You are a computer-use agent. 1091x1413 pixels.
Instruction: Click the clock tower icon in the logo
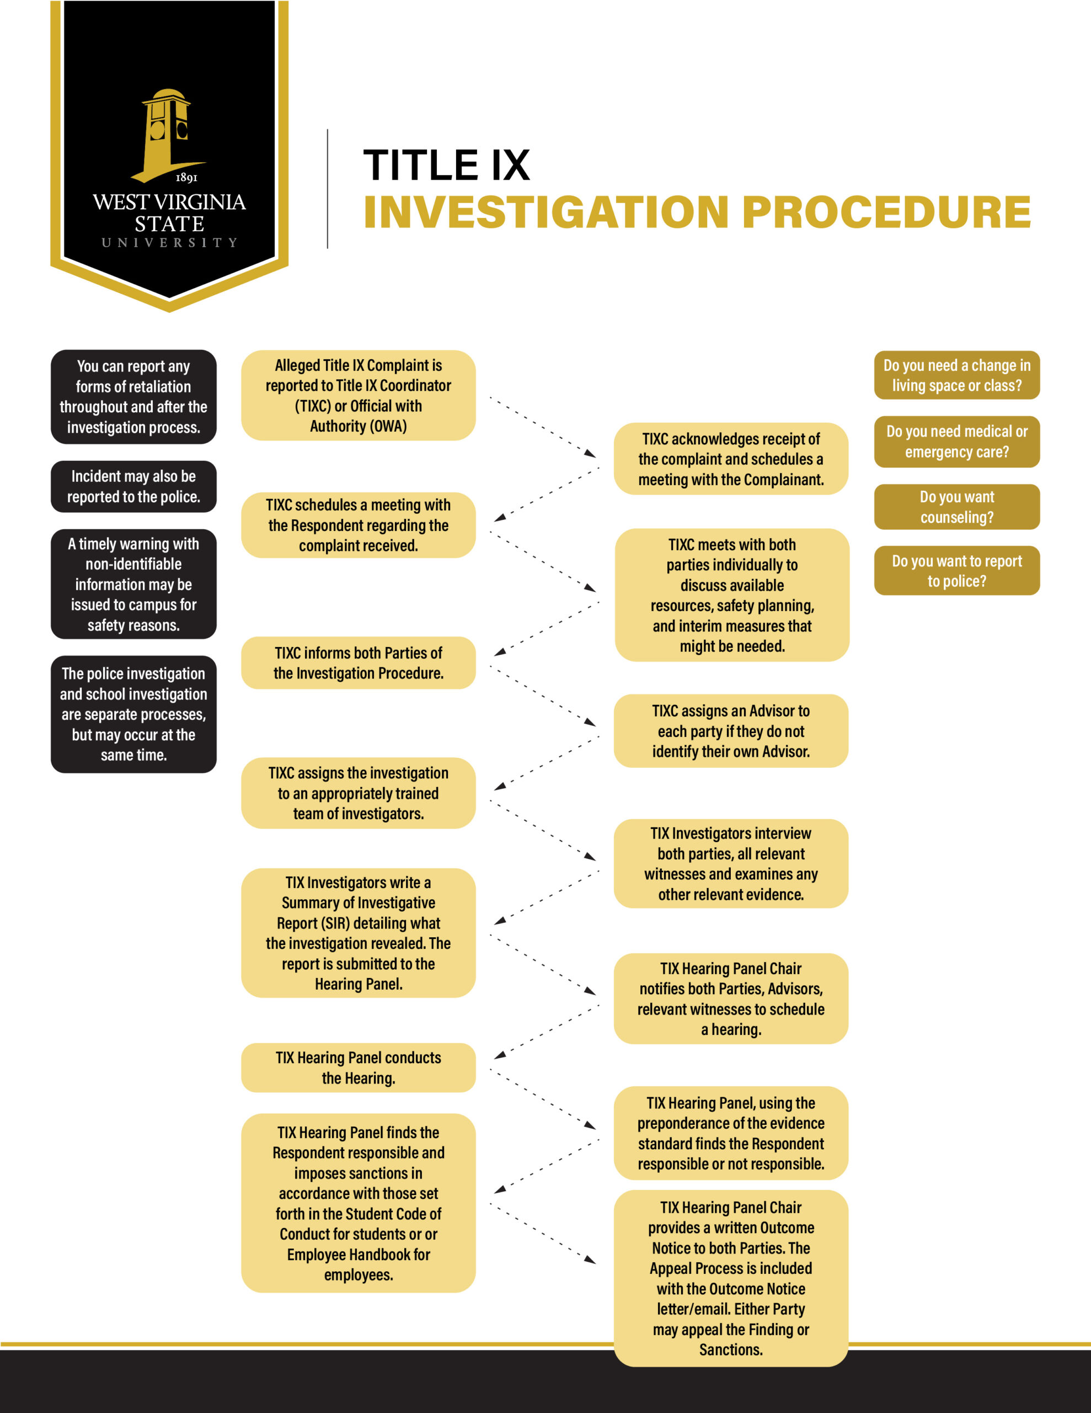point(168,132)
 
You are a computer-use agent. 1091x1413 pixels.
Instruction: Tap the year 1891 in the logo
point(186,177)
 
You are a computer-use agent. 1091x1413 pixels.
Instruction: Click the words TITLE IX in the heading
point(446,165)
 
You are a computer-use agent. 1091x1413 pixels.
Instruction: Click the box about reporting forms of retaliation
point(133,397)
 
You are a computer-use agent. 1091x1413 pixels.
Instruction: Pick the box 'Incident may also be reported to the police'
point(133,486)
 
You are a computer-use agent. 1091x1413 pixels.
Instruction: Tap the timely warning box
point(133,584)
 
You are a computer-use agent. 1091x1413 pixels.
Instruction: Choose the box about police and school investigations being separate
point(133,714)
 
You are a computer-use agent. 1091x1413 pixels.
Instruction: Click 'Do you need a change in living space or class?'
point(956,375)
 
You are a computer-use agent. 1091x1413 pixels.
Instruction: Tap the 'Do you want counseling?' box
point(956,507)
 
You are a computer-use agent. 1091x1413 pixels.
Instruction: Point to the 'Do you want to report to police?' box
point(956,571)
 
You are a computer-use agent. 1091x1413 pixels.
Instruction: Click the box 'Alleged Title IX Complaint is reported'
point(359,395)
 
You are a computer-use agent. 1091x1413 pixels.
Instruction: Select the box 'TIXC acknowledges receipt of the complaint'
point(731,459)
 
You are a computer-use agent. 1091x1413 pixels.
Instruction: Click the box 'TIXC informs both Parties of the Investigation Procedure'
point(359,662)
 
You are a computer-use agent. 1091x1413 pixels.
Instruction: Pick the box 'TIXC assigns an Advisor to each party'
point(731,731)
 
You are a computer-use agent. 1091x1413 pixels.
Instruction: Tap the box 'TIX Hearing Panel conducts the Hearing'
point(359,1067)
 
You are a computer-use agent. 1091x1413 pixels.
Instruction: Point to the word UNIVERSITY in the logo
point(169,243)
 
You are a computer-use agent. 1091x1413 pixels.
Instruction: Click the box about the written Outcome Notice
point(731,1278)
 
